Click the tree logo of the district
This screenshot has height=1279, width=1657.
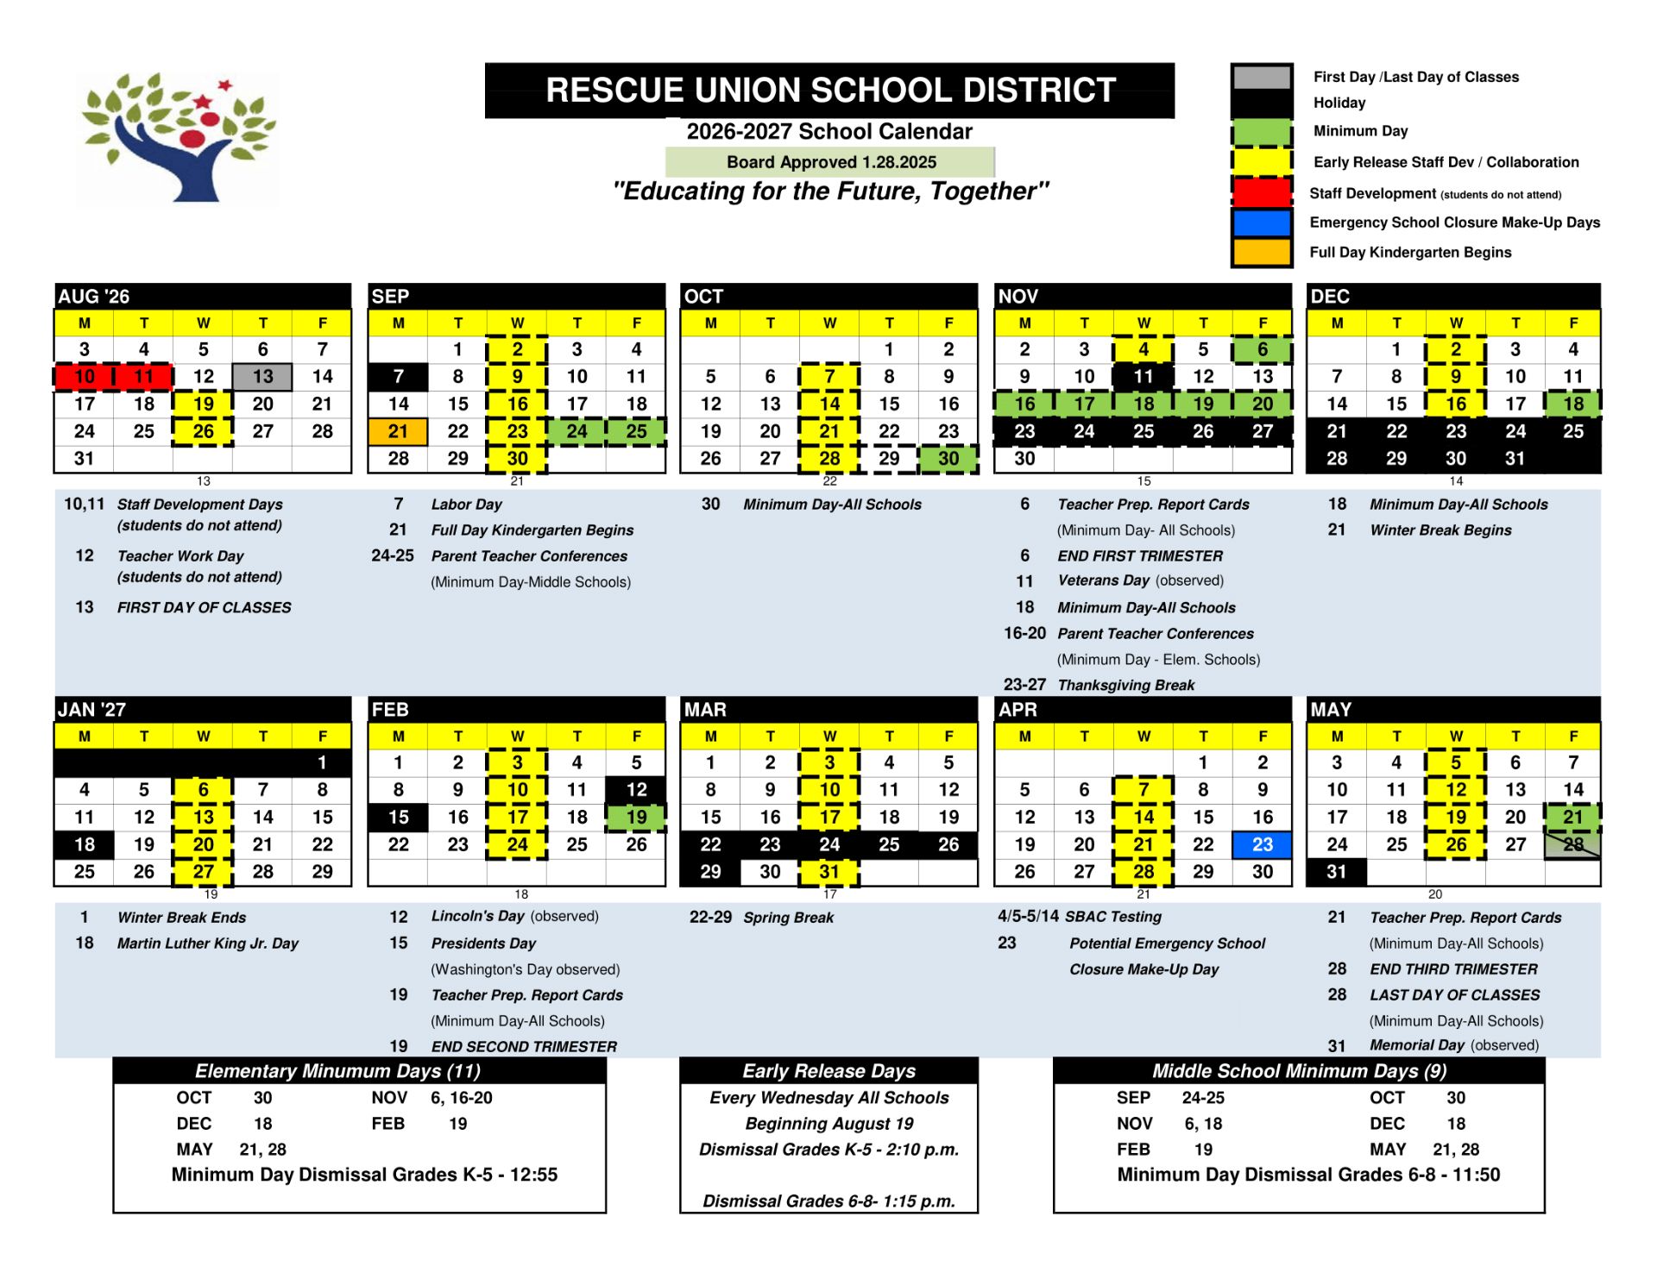pos(179,138)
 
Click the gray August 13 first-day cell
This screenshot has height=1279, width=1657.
pos(262,377)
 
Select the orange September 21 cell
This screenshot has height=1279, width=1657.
pos(398,431)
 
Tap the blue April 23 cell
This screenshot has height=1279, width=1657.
pos(1262,844)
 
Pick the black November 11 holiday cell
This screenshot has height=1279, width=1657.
pos(1143,377)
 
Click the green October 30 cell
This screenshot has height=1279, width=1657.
pos(948,459)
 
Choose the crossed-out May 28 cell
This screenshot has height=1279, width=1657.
pos(1572,844)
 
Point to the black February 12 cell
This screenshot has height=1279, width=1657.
pos(636,790)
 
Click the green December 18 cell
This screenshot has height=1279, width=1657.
pos(1572,404)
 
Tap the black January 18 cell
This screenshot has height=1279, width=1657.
pos(85,844)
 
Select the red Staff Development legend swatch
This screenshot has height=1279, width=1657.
pos(1261,191)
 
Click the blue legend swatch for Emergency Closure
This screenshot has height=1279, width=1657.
pos(1261,223)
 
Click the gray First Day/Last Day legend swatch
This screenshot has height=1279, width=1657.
pos(1261,77)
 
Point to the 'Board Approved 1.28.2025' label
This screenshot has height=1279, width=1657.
pos(830,162)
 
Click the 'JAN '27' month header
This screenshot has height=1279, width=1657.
pos(92,710)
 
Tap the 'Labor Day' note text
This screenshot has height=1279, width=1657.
pos(466,505)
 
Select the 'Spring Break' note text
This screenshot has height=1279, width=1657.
pos(788,918)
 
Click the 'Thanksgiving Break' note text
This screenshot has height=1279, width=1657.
pos(1125,685)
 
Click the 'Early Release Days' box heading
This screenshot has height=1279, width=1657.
pos(828,1071)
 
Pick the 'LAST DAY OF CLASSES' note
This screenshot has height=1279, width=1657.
pos(1454,995)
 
